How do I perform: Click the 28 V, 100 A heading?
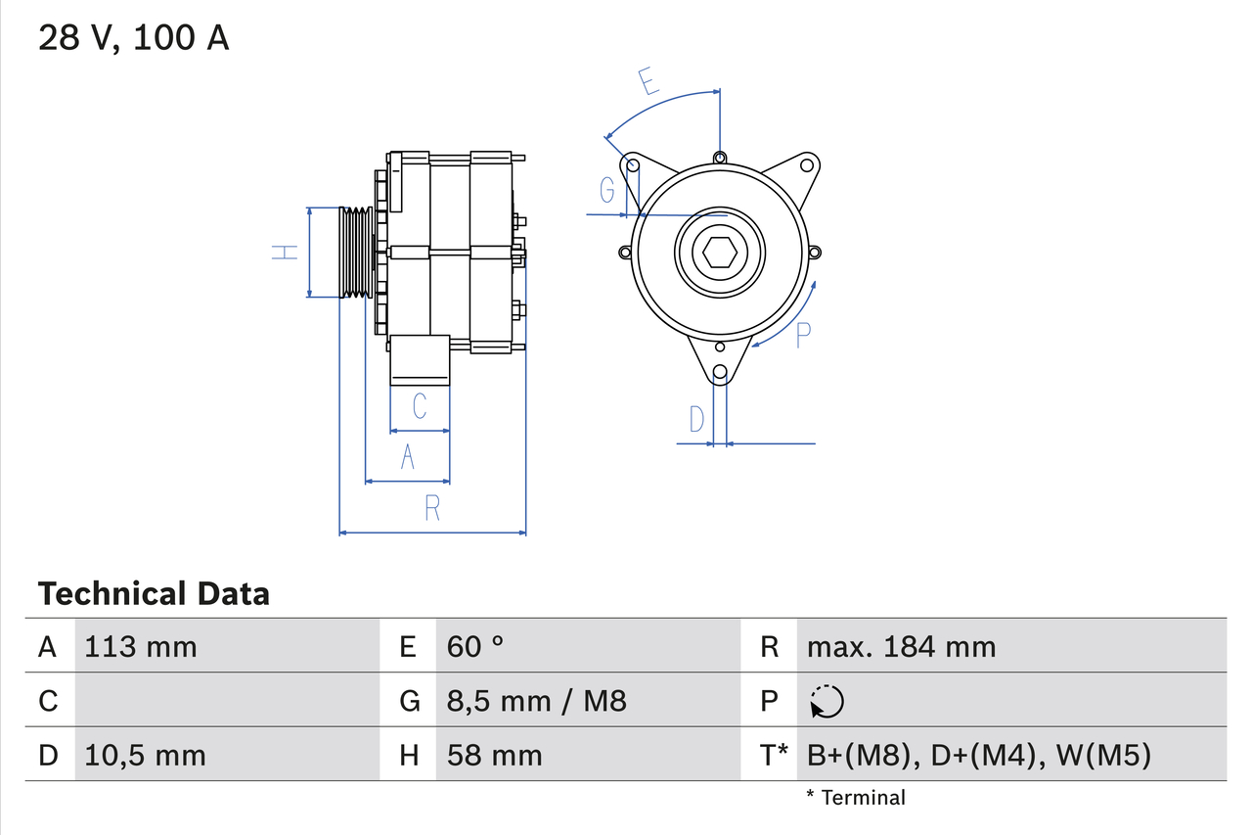(x=134, y=38)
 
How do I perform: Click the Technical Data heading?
(x=154, y=593)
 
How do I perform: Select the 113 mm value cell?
(x=141, y=646)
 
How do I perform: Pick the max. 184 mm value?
(x=901, y=646)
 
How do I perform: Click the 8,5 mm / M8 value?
(x=536, y=701)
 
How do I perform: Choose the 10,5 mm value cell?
(x=146, y=755)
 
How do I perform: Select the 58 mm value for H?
(x=494, y=755)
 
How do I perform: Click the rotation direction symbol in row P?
(x=827, y=701)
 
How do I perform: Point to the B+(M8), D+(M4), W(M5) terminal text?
(x=979, y=755)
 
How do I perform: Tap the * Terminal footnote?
(x=856, y=798)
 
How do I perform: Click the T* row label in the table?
(x=774, y=755)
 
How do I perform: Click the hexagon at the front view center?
(x=719, y=253)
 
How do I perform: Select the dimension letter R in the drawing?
(x=432, y=508)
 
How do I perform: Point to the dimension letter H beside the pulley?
(x=284, y=253)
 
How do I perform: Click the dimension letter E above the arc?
(x=648, y=81)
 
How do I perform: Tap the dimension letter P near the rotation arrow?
(x=803, y=335)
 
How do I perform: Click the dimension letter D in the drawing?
(x=696, y=419)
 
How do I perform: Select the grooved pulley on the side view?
(x=355, y=253)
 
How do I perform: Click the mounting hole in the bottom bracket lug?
(x=720, y=372)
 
